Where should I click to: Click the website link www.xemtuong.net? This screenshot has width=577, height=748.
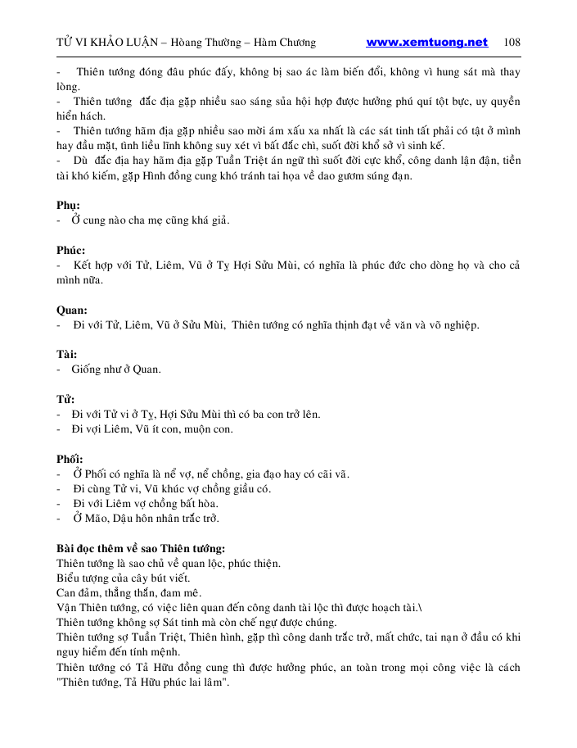tap(426, 43)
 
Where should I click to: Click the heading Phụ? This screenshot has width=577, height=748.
tap(68, 206)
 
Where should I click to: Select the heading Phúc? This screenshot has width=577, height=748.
tap(71, 250)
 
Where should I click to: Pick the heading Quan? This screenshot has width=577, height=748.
tap(72, 310)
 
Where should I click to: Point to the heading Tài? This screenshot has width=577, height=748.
tap(67, 354)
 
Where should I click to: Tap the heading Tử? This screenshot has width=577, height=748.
tap(65, 399)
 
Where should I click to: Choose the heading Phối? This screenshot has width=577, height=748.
tap(70, 459)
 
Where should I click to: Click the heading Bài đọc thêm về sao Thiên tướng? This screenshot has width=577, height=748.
tap(141, 548)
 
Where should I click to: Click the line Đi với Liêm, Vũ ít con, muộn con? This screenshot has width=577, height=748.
tap(152, 429)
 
